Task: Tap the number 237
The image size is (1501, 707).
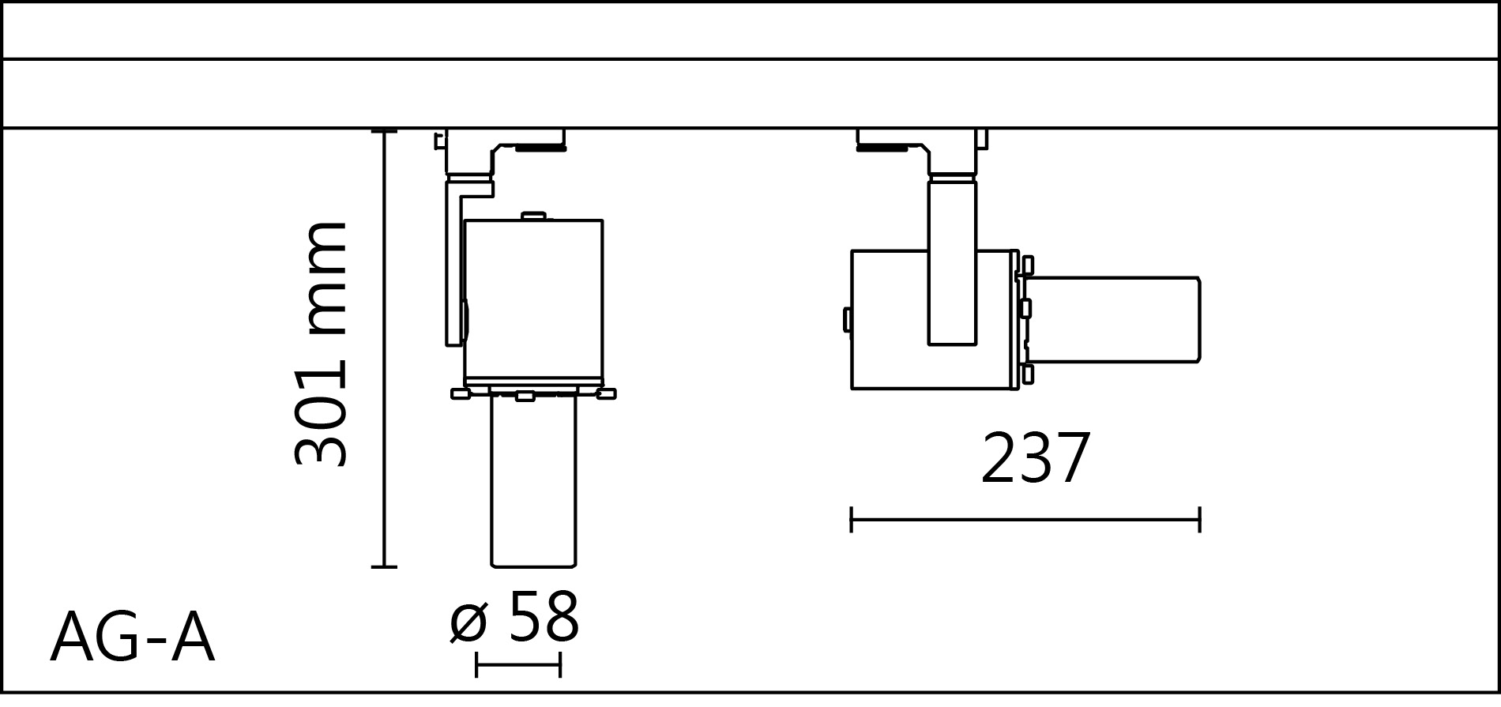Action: [x=1036, y=459]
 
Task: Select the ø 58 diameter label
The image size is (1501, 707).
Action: [x=515, y=619]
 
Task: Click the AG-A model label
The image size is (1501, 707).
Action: [x=132, y=638]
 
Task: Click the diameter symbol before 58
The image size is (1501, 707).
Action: [x=468, y=622]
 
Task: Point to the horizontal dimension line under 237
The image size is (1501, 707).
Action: [x=1025, y=520]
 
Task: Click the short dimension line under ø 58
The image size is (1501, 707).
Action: [x=518, y=664]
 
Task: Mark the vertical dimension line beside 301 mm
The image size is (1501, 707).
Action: [x=384, y=348]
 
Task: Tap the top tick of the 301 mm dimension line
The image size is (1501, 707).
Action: [x=384, y=131]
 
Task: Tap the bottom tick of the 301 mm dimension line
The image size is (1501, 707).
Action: [x=384, y=566]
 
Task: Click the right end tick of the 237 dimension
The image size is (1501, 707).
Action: [x=1199, y=520]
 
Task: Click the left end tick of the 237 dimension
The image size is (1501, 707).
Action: [x=852, y=520]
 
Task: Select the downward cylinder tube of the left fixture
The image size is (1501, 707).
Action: [x=533, y=482]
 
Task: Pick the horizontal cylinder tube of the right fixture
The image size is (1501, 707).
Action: [x=1114, y=320]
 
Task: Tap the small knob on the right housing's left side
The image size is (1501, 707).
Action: [x=847, y=319]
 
